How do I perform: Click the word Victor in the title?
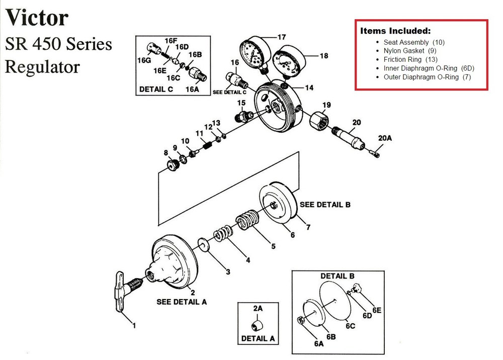36,19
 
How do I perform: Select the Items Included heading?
395,31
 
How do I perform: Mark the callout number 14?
309,87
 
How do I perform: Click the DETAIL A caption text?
258,338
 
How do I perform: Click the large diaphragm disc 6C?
338,298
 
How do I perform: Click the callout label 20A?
386,137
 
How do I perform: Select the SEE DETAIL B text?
325,205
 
